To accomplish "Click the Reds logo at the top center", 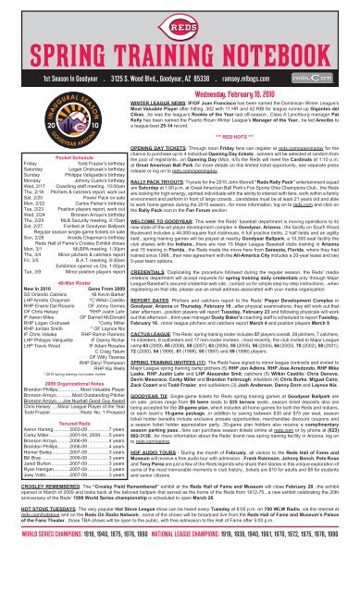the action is [x=179, y=16].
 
